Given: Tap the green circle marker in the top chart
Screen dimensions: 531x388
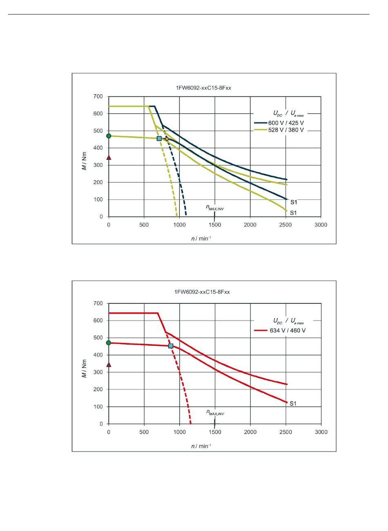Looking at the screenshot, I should pyautogui.click(x=109, y=136).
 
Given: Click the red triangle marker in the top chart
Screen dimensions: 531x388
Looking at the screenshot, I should pyautogui.click(x=109, y=157).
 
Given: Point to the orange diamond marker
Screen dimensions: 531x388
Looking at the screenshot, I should pyautogui.click(x=167, y=139).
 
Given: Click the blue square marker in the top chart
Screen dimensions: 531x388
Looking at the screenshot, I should pyautogui.click(x=159, y=139).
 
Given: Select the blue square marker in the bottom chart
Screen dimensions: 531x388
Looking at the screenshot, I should pyautogui.click(x=171, y=346).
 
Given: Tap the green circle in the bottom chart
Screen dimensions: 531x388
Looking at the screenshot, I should pyautogui.click(x=109, y=343).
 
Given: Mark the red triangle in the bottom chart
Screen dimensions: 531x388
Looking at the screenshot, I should pyautogui.click(x=109, y=365).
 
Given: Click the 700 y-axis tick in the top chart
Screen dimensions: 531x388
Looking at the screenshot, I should pyautogui.click(x=98, y=96).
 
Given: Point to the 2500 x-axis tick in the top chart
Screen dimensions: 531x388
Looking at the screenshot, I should pyautogui.click(x=285, y=225).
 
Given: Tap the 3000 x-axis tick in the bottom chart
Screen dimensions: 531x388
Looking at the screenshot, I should pyautogui.click(x=321, y=432).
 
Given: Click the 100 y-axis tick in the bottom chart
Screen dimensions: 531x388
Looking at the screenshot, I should pyautogui.click(x=98, y=407).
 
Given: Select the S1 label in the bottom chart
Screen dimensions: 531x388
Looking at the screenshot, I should pyautogui.click(x=293, y=404).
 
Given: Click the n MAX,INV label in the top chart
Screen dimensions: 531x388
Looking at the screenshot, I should pyautogui.click(x=215, y=208).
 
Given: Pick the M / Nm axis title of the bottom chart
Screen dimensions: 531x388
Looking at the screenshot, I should pyautogui.click(x=85, y=369).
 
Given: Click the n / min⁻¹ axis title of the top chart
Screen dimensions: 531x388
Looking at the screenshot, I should pyautogui.click(x=201, y=238).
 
